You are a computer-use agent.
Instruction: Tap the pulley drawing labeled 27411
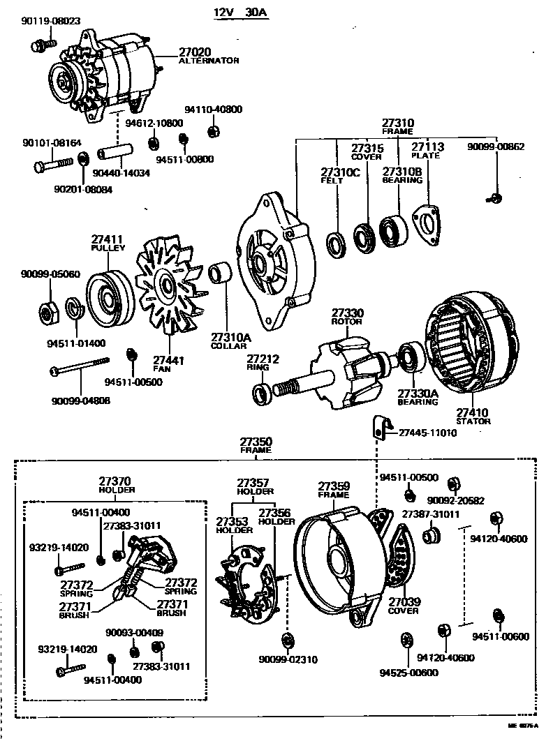(x=105, y=297)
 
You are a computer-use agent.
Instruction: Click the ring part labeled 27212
(x=263, y=393)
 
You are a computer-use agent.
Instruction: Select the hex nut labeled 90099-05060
(x=48, y=312)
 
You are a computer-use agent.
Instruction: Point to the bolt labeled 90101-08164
(x=52, y=165)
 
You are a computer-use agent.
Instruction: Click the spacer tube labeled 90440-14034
(x=113, y=153)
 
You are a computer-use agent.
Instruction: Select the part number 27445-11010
(x=427, y=433)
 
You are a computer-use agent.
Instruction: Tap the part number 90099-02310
(x=288, y=659)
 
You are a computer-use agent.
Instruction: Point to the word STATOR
(x=473, y=421)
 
